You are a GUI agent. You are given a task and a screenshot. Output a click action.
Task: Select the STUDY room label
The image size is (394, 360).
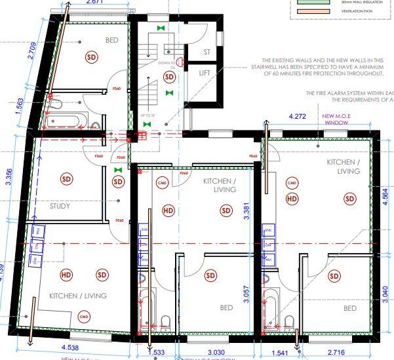[60, 206]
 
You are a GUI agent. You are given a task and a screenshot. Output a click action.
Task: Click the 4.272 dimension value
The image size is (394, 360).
[299, 117]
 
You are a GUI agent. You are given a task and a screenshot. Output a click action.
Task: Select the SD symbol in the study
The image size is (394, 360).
[66, 178]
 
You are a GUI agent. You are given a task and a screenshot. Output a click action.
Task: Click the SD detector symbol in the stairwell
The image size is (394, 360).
[170, 77]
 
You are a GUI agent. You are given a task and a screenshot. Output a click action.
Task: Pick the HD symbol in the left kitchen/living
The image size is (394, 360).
[66, 275]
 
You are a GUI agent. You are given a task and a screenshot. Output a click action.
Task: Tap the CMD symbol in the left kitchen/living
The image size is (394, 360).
[83, 317]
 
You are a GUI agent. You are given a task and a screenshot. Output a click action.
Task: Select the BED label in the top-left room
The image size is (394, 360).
[112, 41]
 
